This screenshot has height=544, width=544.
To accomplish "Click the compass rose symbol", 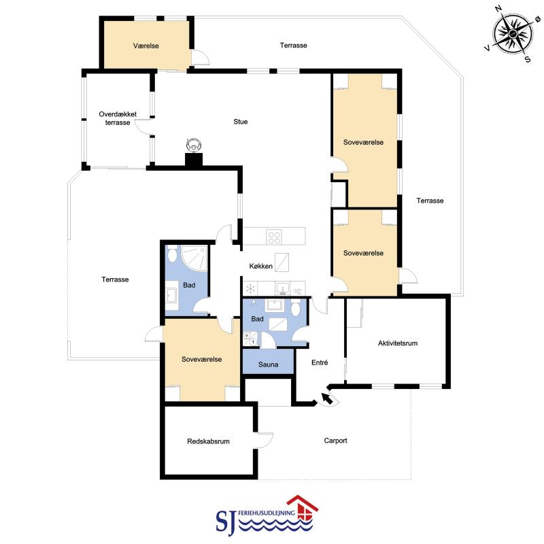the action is pyautogui.click(x=513, y=34).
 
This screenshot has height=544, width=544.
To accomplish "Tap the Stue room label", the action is pyautogui.click(x=241, y=122).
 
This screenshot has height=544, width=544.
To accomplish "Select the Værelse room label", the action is pyautogui.click(x=146, y=46).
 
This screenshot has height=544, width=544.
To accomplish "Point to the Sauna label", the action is pyautogui.click(x=268, y=364).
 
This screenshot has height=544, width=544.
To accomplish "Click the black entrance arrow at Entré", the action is pyautogui.click(x=327, y=398).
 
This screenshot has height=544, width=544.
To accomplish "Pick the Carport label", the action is pyautogui.click(x=335, y=441).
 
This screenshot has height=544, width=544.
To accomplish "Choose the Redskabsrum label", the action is pyautogui.click(x=208, y=441).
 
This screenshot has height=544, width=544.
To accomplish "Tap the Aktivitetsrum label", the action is pyautogui.click(x=398, y=343).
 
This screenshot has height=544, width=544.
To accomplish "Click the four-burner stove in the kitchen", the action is pyautogui.click(x=274, y=237).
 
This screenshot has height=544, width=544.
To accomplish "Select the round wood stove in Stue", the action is pyautogui.click(x=194, y=145).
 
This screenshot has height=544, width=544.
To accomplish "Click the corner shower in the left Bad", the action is pyautogui.click(x=194, y=258).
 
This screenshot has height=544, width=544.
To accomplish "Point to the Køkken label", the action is pyautogui.click(x=261, y=266).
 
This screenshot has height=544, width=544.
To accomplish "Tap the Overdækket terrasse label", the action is pyautogui.click(x=118, y=118).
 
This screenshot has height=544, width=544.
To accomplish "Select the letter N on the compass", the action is pyautogui.click(x=499, y=9).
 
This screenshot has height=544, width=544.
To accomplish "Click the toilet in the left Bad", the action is pyautogui.click(x=172, y=254).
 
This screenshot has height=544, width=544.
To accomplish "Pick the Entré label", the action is pyautogui.click(x=320, y=362).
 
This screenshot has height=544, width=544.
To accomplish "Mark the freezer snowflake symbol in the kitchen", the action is pyautogui.click(x=250, y=288).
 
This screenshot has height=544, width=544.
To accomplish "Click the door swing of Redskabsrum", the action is pyautogui.click(x=265, y=439).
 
